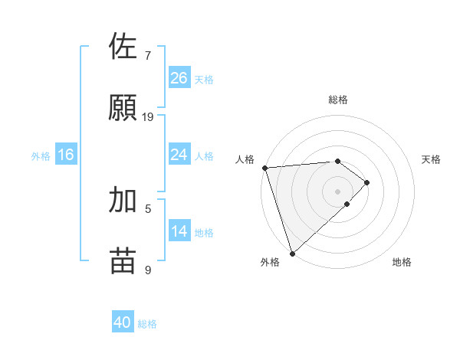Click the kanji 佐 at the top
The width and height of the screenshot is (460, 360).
point(124,46)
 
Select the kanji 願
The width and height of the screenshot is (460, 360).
point(124,107)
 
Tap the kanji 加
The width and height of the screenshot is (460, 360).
point(124,199)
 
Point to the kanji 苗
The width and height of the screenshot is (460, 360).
point(124,260)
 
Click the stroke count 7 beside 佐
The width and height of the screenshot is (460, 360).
point(148,56)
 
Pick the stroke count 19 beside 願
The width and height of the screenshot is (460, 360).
point(148,117)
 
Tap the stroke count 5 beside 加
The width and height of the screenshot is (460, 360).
point(148,208)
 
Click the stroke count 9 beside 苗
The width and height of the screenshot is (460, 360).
point(148,270)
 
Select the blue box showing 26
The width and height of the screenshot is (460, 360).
point(179,77)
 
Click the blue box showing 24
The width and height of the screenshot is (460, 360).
point(179,155)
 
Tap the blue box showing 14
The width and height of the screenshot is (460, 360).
point(179,231)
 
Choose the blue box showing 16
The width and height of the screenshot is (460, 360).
point(66,155)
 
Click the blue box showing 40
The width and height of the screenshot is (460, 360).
point(123,322)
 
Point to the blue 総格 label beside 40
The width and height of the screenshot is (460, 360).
point(147,324)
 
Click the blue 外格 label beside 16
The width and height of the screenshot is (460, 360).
point(41,156)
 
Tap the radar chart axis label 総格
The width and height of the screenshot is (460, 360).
point(338,100)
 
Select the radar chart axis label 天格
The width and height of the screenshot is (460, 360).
point(432,159)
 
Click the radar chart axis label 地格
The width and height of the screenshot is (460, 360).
point(402,262)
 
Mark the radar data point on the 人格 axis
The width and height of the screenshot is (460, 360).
point(264,168)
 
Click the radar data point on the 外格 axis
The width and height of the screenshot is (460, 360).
point(291,253)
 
